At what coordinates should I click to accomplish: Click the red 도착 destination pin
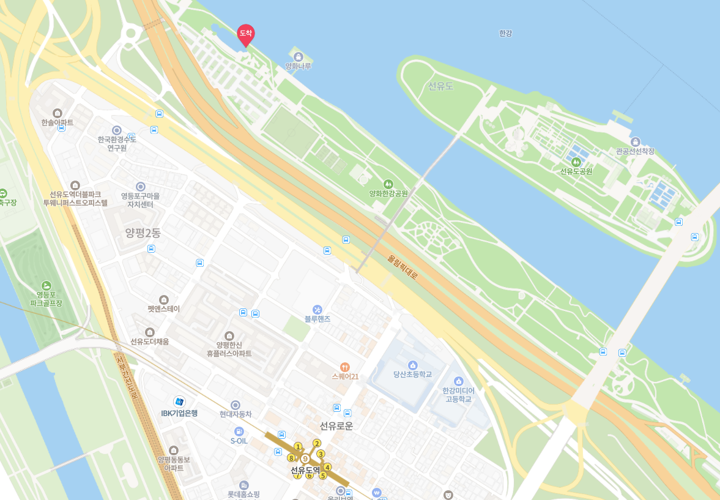[x=245, y=34]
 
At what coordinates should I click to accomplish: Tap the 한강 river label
[x=505, y=34]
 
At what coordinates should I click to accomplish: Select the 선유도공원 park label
[x=576, y=171]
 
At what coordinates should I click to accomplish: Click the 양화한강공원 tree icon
[x=388, y=184]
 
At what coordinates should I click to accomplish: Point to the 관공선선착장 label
[x=635, y=151]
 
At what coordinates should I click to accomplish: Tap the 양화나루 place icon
[x=298, y=56]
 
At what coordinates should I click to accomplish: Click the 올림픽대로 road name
[x=403, y=267]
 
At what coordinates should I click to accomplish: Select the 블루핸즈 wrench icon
[x=317, y=310]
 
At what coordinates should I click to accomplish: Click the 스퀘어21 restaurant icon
[x=345, y=367]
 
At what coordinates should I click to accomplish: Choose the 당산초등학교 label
[x=412, y=374]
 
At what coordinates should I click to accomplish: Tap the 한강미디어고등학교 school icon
[x=458, y=381]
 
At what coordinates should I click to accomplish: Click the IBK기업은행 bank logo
[x=179, y=401]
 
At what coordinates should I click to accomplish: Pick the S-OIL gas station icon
[x=239, y=431]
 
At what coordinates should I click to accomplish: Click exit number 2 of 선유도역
[x=317, y=443]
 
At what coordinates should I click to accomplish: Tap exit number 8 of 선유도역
[x=291, y=457]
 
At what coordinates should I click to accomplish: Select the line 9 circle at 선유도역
[x=305, y=458]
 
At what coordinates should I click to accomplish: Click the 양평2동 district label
[x=143, y=233]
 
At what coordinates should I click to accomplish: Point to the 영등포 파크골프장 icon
[x=46, y=285]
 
